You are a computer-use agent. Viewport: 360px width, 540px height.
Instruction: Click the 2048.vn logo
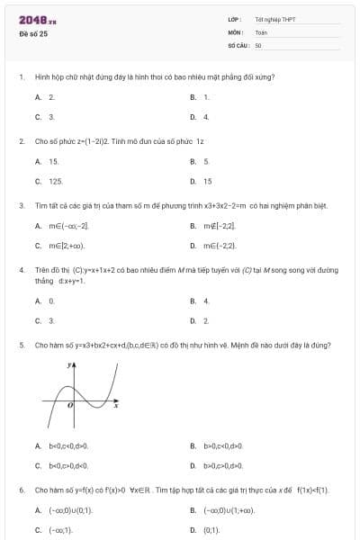point(38,19)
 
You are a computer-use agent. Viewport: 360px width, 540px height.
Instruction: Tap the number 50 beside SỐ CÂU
point(258,44)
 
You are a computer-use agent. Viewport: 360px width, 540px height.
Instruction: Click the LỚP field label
point(235,19)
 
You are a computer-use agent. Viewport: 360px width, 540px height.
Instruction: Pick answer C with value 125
point(49,181)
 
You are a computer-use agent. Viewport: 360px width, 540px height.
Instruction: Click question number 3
point(21,205)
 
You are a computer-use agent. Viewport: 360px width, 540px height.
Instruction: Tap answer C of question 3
point(59,245)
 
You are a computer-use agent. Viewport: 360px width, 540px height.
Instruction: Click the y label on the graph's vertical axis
point(68,366)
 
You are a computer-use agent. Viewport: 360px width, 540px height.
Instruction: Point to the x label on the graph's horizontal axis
point(116,406)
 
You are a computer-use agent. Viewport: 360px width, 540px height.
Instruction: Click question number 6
point(21,490)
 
